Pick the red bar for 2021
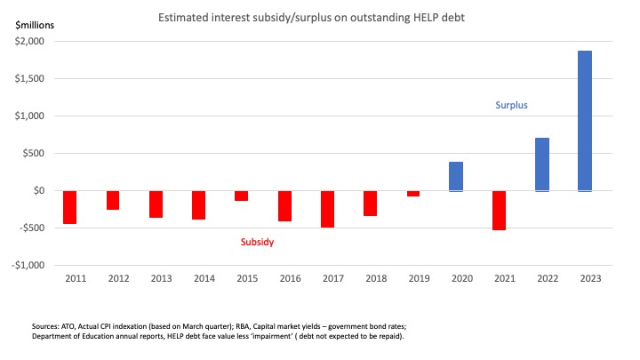coord(499,211)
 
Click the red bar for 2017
coord(327,209)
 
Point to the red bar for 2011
coord(69,207)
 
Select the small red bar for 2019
coord(413,193)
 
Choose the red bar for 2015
coord(241,196)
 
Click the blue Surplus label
coord(511,105)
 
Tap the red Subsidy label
coord(259,241)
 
